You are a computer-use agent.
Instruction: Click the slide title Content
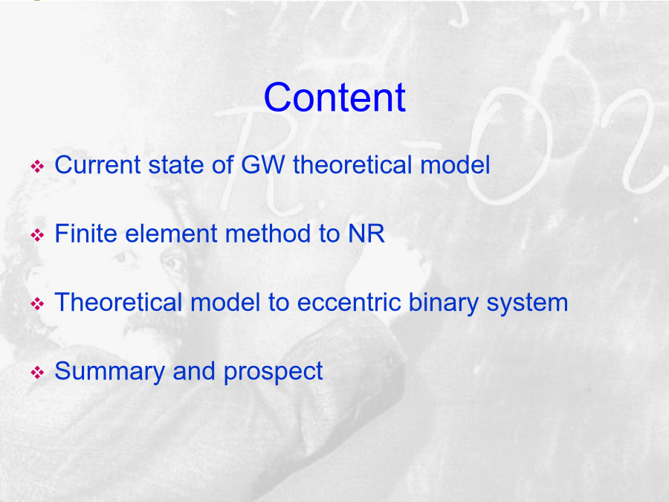[334, 97]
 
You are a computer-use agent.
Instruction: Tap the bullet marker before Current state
[38, 167]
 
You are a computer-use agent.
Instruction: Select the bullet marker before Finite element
[38, 235]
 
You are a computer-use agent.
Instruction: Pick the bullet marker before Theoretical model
[38, 304]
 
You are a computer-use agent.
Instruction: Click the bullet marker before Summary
[38, 373]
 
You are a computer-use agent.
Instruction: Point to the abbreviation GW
[263, 165]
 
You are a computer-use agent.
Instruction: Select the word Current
[97, 165]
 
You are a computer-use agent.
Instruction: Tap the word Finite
[85, 234]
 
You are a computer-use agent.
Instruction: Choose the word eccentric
[349, 302]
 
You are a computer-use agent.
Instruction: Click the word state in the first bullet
[175, 166]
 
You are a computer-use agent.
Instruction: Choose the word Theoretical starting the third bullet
[119, 302]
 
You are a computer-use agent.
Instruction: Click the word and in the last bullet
[194, 371]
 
